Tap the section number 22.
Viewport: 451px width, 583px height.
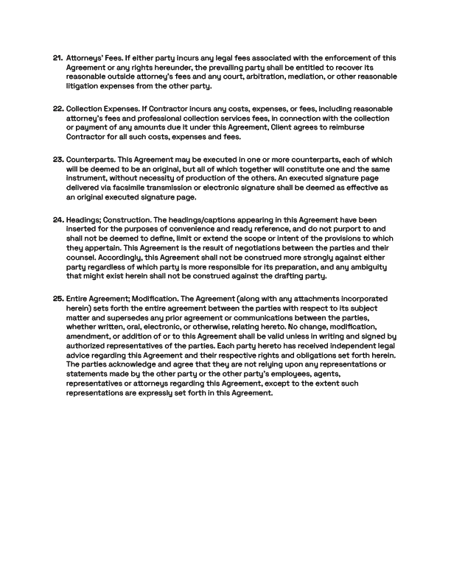coord(57,108)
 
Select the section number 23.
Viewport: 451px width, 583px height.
coord(57,159)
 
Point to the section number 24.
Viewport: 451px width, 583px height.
coord(57,219)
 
